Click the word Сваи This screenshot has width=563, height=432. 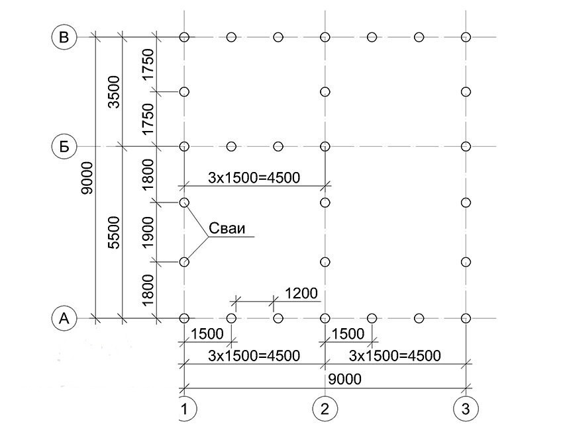227,228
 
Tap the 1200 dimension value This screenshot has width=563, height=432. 301,293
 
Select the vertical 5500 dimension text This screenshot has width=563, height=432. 114,232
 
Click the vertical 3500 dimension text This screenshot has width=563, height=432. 114,92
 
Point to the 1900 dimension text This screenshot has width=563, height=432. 148,232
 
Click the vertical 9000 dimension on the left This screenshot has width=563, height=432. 87,178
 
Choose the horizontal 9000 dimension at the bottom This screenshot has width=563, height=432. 344,379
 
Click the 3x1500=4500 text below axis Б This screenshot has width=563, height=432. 254,177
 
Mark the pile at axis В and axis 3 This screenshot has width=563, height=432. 466,37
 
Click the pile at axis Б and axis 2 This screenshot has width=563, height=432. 325,146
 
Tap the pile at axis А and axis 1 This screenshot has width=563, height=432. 184,318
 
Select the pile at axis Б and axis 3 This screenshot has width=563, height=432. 466,146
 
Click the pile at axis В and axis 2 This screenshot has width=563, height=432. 325,37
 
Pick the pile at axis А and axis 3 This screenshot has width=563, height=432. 466,318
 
